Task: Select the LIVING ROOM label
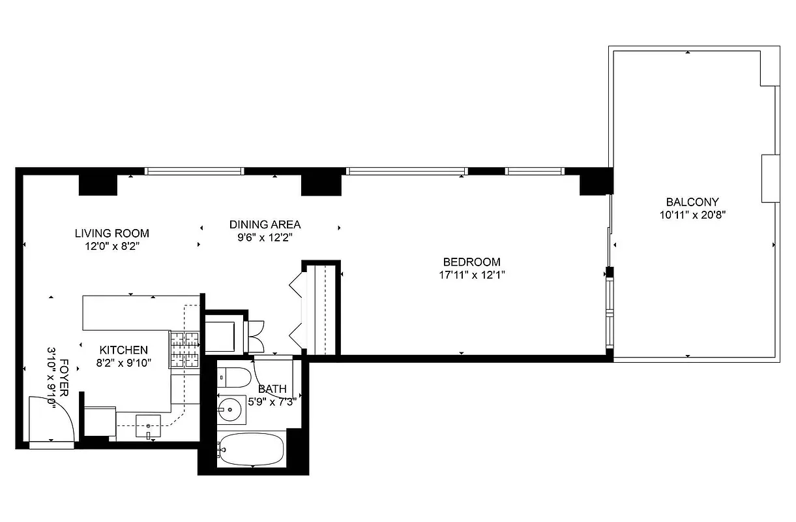pos(111,233)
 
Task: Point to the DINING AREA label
pos(265,224)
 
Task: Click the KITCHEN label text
pos(123,350)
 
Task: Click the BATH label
pos(272,389)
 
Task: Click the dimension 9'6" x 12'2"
pos(265,238)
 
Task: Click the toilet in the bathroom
pos(234,378)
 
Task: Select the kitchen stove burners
pos(184,349)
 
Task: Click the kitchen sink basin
pos(148,425)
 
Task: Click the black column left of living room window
pos(97,185)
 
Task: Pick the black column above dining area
pos(321,185)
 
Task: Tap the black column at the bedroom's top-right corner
pos(595,182)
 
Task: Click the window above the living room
pos(194,171)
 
